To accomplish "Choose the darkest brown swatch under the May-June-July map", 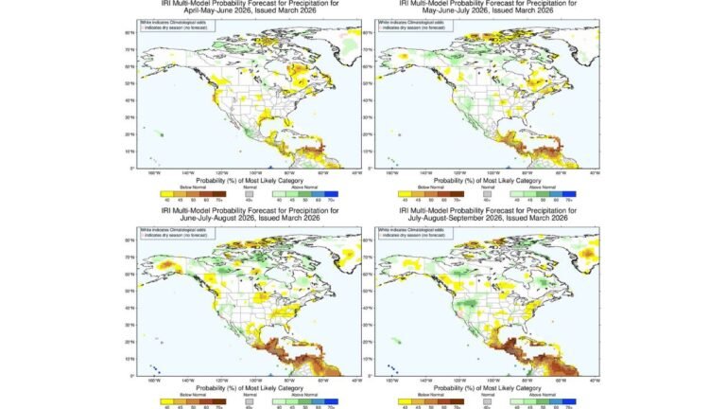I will tap(457, 192).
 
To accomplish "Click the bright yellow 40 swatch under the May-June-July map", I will tap(406, 192).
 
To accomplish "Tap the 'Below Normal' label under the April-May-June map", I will tap(181, 186).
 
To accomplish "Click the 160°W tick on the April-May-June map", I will tap(154, 172).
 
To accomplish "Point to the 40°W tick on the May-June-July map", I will tap(595, 172).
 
